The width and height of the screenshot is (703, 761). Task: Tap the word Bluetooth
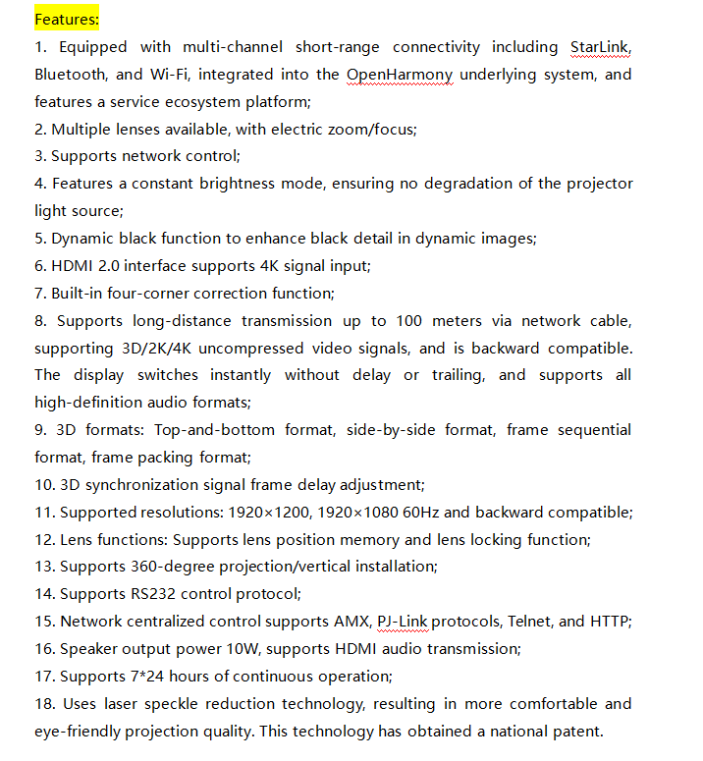(71, 75)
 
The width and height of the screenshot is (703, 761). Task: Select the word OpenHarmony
(400, 75)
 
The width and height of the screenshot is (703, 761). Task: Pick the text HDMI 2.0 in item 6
(87, 265)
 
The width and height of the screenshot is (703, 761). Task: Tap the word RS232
(156, 593)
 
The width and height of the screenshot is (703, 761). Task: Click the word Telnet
(531, 621)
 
